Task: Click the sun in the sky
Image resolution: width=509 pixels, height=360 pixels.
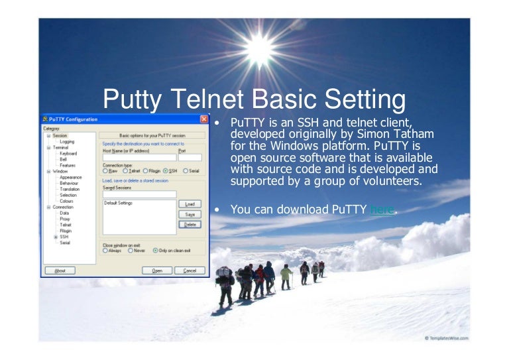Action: pyautogui.click(x=259, y=47)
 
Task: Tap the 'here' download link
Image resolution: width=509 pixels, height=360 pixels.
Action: pyautogui.click(x=382, y=210)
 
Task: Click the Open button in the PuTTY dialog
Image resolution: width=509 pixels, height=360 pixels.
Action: pyautogui.click(x=157, y=270)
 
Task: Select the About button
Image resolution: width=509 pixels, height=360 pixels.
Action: pyautogui.click(x=60, y=270)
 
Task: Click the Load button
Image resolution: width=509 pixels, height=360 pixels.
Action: pyautogui.click(x=190, y=204)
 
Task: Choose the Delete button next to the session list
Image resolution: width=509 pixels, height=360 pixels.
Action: pyautogui.click(x=190, y=225)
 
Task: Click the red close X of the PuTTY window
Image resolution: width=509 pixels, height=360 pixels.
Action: pyautogui.click(x=203, y=119)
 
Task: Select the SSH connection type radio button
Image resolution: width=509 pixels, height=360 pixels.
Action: pyautogui.click(x=166, y=170)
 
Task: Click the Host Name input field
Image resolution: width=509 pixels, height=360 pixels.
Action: pyautogui.click(x=139, y=158)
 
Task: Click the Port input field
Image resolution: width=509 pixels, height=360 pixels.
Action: pyautogui.click(x=189, y=158)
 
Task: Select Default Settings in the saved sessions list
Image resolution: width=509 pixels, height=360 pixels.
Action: pyautogui.click(x=119, y=203)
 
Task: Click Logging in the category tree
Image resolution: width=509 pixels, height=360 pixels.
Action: pyautogui.click(x=67, y=141)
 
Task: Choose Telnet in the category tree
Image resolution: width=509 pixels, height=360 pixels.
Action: pyautogui.click(x=66, y=225)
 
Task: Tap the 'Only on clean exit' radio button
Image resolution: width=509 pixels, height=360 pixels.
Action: pyautogui.click(x=154, y=251)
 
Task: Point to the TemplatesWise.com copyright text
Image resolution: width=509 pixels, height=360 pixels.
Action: pyautogui.click(x=447, y=337)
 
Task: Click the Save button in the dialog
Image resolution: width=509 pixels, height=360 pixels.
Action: pyautogui.click(x=190, y=214)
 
